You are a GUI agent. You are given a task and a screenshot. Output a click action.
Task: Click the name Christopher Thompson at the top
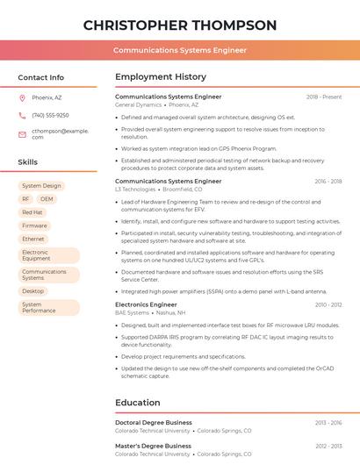click(180, 25)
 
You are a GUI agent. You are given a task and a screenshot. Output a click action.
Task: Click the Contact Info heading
click(40, 77)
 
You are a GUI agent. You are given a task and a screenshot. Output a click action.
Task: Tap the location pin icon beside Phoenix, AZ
click(22, 97)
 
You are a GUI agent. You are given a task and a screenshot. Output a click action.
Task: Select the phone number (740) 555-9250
click(50, 115)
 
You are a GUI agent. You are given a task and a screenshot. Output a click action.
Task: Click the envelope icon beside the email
click(22, 134)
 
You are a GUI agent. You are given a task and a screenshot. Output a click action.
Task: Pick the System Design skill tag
click(41, 186)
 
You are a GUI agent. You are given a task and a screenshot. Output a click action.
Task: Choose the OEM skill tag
click(47, 199)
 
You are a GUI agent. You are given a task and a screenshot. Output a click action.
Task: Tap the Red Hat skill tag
click(32, 212)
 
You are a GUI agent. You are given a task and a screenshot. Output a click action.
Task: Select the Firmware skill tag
click(34, 225)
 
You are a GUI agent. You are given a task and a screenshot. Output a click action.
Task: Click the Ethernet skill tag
click(33, 239)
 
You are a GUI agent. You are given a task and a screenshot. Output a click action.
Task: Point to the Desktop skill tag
click(33, 290)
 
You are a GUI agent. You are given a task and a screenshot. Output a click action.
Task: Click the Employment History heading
click(161, 77)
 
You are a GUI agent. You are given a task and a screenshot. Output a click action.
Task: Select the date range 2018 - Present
click(324, 97)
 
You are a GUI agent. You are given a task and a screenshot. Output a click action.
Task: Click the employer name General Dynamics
click(138, 104)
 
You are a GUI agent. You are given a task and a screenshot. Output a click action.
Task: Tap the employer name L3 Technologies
click(135, 189)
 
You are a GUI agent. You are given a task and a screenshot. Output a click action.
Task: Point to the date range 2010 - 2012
click(328, 304)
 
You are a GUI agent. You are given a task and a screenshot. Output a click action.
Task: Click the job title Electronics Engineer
click(146, 304)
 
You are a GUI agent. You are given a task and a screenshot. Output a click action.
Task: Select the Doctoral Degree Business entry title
click(154, 423)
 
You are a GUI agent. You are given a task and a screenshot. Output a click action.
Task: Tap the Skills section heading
click(28, 162)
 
